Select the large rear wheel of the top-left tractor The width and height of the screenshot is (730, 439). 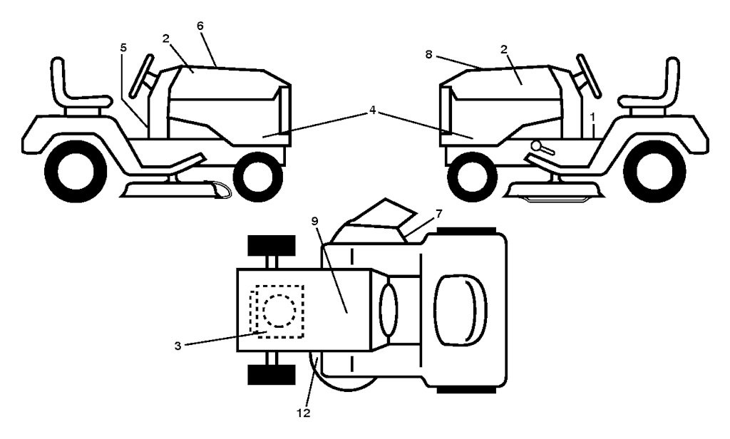71,171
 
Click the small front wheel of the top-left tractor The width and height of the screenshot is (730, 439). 257,177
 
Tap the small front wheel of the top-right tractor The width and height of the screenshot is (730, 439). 471,177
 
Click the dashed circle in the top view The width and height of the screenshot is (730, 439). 277,311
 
